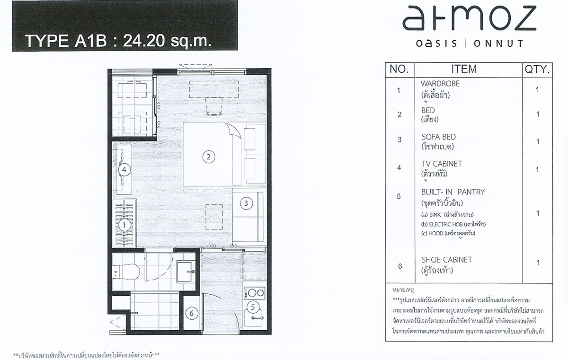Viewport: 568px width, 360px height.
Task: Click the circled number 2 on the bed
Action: coord(208,157)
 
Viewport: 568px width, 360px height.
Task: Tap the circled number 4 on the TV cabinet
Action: coord(124,170)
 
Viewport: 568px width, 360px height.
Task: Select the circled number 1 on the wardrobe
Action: coord(124,225)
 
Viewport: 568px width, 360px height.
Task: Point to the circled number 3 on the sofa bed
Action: coord(246,203)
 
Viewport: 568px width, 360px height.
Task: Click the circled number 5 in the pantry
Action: coord(253,307)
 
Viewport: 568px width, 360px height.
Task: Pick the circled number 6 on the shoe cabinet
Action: coord(191,313)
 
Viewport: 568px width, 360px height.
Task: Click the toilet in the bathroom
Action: coord(126,273)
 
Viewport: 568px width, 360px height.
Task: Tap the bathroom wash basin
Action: coord(186,272)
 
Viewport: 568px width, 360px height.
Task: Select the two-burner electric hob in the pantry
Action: coord(255,293)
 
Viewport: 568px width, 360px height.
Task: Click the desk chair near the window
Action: coord(214,106)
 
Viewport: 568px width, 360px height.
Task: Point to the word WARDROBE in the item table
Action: coord(440,84)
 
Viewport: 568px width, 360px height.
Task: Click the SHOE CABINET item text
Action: coord(447,260)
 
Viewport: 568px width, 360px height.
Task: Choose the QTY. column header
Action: coord(537,69)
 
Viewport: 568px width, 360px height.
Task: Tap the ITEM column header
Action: coord(464,69)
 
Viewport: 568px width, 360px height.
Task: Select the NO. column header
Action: coord(399,69)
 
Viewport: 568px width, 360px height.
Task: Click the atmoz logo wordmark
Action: coord(470,18)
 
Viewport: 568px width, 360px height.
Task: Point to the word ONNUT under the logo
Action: coord(498,44)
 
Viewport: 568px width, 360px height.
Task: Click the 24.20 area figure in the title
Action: coord(144,41)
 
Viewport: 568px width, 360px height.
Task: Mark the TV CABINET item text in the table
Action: coord(442,164)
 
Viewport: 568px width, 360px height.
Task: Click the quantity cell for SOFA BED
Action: coord(538,141)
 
